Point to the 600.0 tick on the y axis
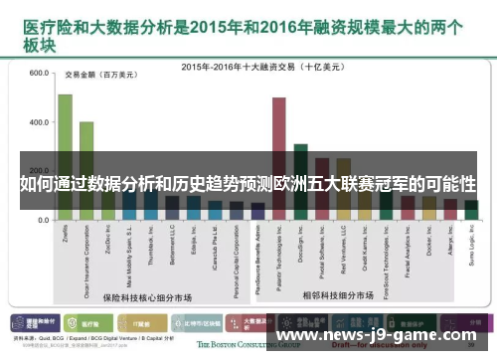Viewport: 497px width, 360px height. point(39,74)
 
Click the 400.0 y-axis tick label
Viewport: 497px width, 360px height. point(39,122)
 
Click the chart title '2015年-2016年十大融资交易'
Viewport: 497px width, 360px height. point(263,66)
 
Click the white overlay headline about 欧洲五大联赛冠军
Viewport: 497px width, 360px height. point(248,186)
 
